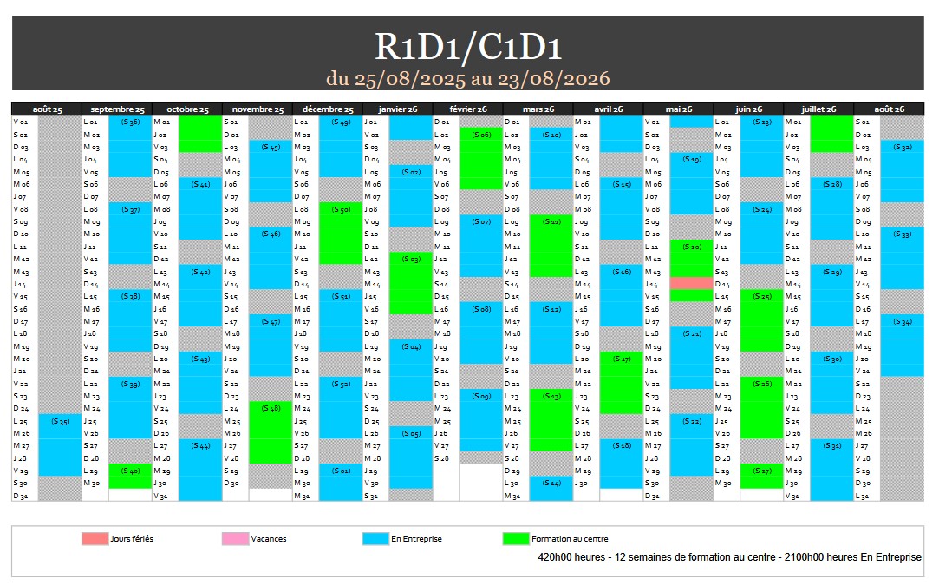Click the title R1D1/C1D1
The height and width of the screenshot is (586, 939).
(x=468, y=47)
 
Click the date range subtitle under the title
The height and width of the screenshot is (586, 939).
(x=468, y=78)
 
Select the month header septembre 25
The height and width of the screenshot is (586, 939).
(x=117, y=109)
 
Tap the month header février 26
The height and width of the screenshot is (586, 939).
(x=468, y=109)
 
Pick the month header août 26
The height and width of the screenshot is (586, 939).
(x=889, y=109)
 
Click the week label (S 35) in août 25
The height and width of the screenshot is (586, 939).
(x=61, y=421)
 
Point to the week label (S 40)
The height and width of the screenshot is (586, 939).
(x=131, y=471)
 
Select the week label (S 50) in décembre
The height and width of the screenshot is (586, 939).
(x=341, y=209)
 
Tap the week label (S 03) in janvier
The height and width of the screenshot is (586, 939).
(x=411, y=259)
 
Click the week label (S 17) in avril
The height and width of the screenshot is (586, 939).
(x=622, y=359)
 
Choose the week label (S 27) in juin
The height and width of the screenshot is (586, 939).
(x=762, y=471)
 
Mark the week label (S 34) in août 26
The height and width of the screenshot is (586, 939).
(x=902, y=321)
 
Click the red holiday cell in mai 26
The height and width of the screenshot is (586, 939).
(x=691, y=284)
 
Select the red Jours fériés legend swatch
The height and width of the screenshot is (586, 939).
(x=95, y=539)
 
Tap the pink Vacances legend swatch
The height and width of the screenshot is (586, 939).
(x=235, y=539)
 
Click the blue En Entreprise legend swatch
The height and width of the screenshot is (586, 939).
(x=375, y=539)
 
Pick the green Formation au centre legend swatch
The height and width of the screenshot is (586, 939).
(x=516, y=539)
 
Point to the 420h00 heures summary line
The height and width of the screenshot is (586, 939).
(x=729, y=557)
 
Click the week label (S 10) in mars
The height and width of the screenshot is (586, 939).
(x=551, y=135)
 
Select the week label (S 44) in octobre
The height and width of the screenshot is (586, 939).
(x=200, y=445)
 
